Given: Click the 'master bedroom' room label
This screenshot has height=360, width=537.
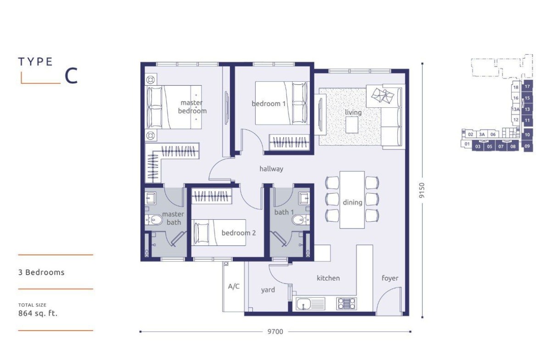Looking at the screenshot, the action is click(192, 107).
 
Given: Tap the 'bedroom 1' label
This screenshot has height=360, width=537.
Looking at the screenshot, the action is click(268, 104).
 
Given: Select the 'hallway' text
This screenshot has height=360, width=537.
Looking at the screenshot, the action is click(271, 169).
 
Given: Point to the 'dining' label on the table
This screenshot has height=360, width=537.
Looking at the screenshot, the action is click(352, 202).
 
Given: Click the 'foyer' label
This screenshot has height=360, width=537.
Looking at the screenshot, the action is click(390, 278).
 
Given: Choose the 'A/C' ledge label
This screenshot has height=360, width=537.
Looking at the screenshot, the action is click(234, 287).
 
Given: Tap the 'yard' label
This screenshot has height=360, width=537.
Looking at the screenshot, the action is click(268, 290).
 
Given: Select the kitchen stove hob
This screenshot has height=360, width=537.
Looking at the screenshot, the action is click(347, 304).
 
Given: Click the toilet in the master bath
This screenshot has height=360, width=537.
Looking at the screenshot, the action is click(155, 219).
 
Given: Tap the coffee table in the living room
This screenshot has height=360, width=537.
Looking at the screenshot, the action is click(352, 125).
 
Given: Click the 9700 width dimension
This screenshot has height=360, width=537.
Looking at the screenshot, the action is click(275, 332).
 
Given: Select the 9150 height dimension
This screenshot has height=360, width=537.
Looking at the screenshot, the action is click(422, 190).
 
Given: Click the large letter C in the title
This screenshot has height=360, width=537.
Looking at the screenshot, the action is click(71, 76).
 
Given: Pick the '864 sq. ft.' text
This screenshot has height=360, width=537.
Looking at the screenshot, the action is click(38, 313).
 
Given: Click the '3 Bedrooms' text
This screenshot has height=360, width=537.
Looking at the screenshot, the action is click(41, 272).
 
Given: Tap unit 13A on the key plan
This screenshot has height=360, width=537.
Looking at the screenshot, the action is click(516, 110).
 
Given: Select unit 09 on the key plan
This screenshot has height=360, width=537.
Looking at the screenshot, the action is click(527, 146).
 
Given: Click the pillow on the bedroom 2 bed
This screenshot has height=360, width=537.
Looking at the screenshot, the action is click(201, 233).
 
